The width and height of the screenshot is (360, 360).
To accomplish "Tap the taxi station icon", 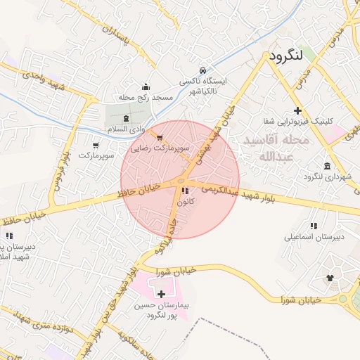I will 203,70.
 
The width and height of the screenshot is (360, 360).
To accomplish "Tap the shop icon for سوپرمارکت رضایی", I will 160,138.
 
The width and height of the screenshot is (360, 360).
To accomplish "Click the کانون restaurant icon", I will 184,191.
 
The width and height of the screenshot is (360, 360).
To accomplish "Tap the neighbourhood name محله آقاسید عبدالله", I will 276,148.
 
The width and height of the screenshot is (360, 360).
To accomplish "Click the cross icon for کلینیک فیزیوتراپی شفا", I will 298,110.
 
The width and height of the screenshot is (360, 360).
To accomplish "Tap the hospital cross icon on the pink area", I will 162,294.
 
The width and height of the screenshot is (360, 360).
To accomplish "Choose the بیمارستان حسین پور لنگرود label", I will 164,311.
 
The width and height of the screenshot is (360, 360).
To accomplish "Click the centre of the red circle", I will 180,179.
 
